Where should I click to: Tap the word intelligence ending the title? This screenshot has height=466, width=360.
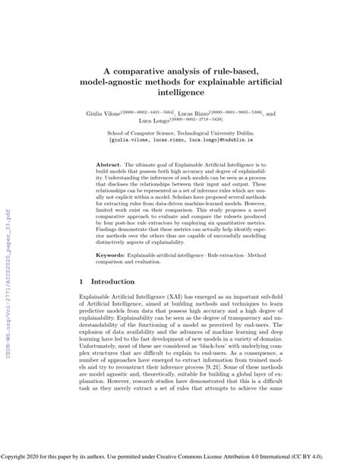tap(179, 91)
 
